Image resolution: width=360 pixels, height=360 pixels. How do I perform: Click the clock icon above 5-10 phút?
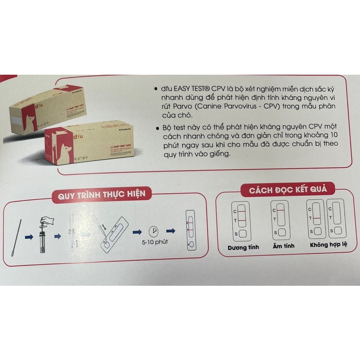[x=154, y=231]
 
